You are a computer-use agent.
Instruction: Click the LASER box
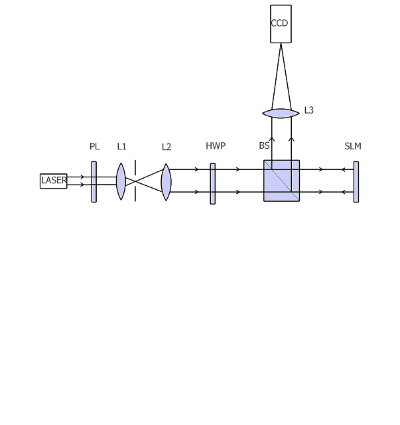pos(53,181)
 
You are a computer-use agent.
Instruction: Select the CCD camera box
pos(281,24)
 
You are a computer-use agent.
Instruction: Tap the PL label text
pos(94,146)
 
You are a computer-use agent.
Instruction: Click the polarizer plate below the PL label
pos(94,182)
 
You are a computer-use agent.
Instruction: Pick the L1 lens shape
pos(121,181)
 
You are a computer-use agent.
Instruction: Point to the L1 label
pos(121,146)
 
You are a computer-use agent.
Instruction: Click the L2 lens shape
pos(166,182)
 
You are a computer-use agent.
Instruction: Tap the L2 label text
pos(167,147)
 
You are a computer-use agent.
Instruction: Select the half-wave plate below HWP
pos(213,183)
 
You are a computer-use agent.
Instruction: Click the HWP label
pos(216,145)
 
